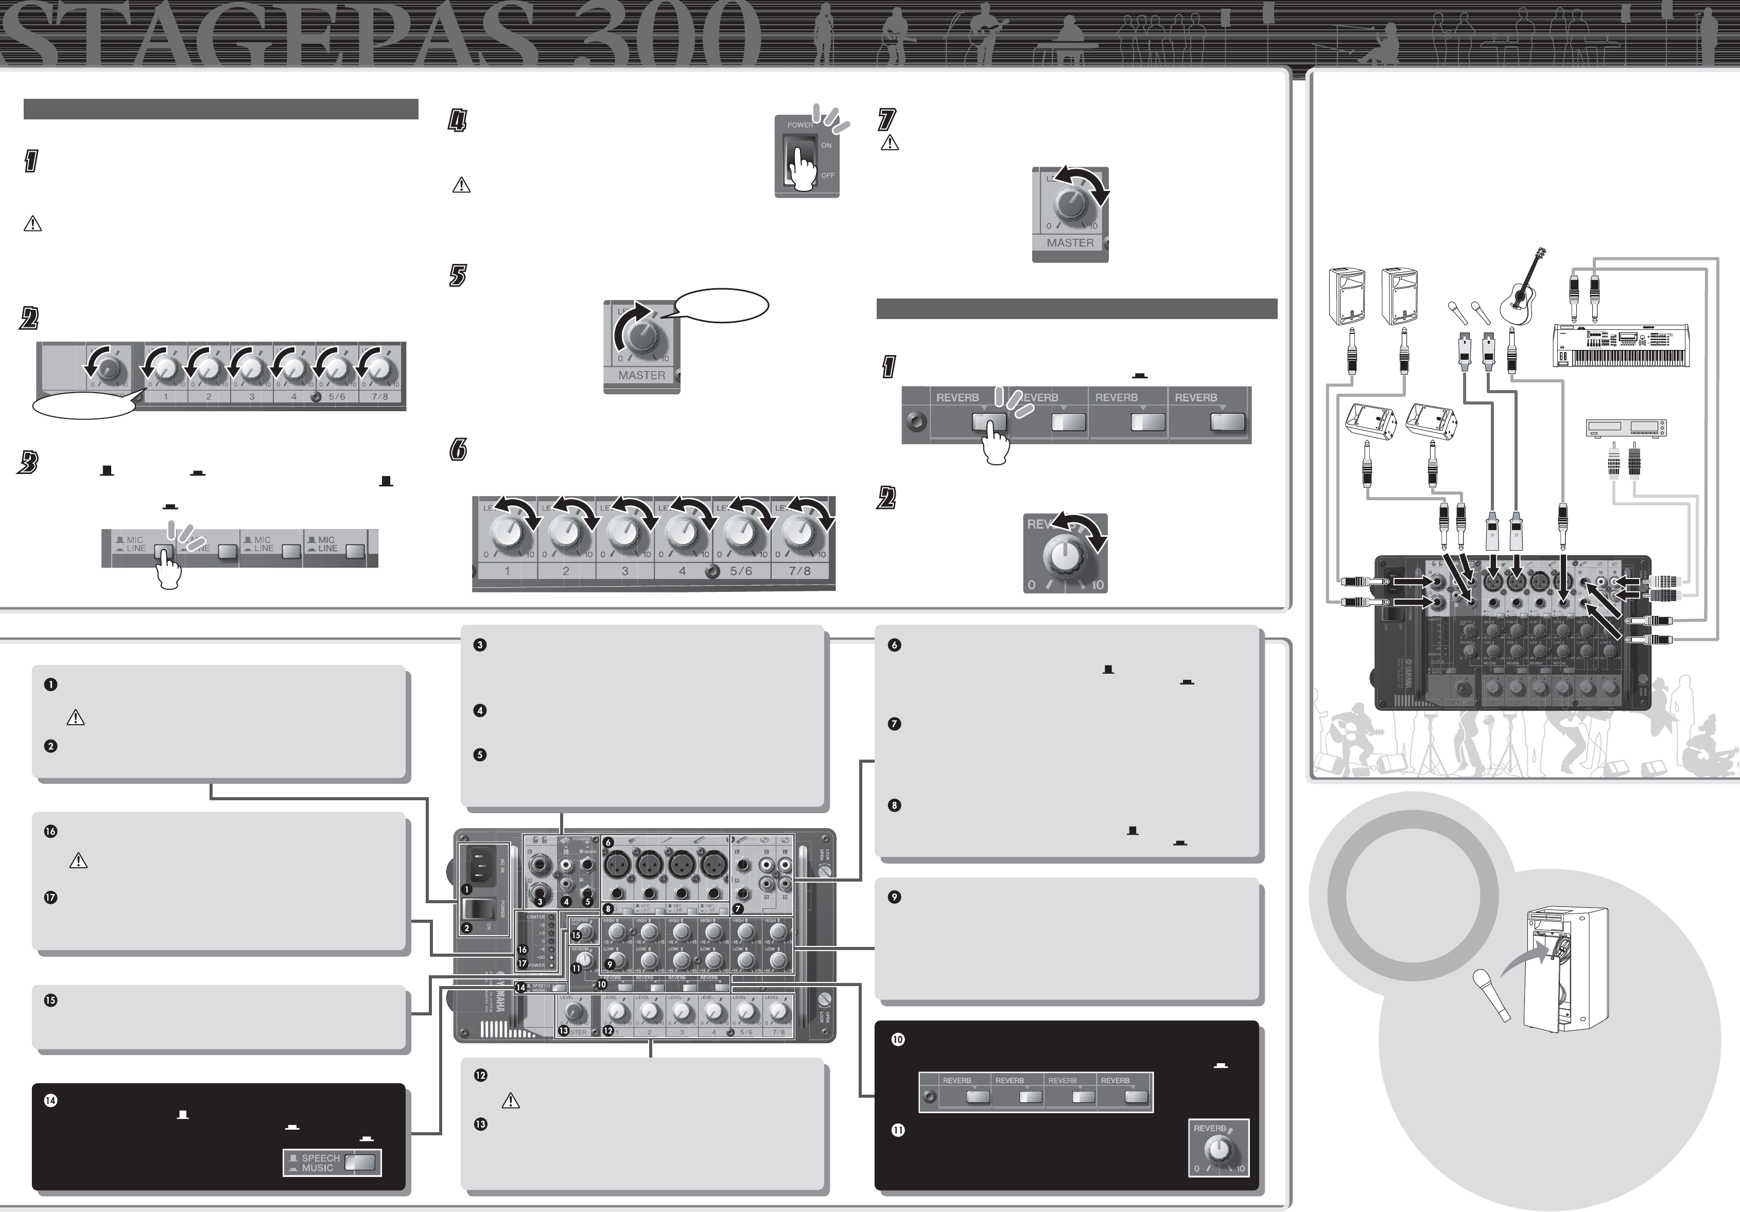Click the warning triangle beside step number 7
point(889,143)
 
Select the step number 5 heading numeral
point(458,276)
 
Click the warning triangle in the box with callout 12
point(511,1101)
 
